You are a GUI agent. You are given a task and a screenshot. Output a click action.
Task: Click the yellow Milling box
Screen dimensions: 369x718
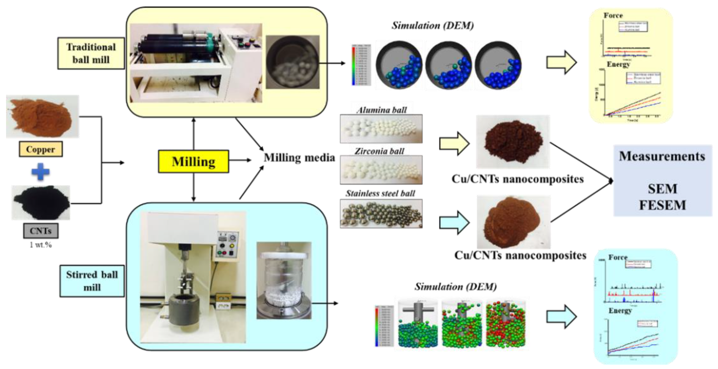[193, 162]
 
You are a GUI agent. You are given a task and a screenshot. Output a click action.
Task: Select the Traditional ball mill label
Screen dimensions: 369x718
[91, 53]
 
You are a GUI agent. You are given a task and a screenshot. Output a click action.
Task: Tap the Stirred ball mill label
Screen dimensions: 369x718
[92, 281]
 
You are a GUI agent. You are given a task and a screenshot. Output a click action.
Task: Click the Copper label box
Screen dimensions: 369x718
[41, 149]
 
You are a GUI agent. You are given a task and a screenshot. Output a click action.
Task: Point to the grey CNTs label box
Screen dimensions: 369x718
[41, 231]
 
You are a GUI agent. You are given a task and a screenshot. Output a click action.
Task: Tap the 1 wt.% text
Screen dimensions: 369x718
[41, 245]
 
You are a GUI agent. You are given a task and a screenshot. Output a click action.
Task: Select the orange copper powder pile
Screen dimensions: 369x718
[42, 117]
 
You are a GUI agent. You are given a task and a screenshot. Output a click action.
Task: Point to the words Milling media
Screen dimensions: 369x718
[299, 158]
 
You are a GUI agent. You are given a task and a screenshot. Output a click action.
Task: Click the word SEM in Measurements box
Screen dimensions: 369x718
[662, 189]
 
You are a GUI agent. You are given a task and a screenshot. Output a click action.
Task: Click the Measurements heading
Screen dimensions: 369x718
[662, 156]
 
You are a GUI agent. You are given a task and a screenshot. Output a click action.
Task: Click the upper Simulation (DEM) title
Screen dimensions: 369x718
[433, 26]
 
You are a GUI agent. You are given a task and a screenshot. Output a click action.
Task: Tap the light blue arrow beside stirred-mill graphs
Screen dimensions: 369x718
[561, 317]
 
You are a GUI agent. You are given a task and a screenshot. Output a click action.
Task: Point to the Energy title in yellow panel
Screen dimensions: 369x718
[618, 64]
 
